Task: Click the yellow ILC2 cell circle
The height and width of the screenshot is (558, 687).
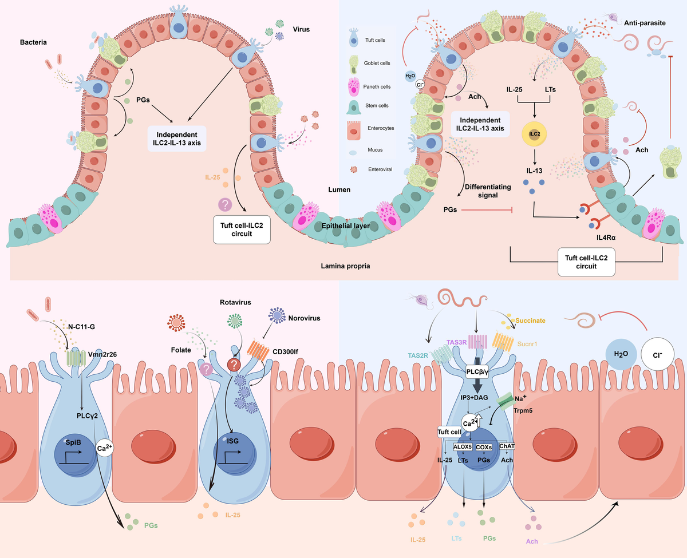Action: point(534,134)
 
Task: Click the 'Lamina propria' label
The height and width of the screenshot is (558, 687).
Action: point(342,266)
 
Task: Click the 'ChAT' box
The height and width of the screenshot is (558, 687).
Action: point(507,445)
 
